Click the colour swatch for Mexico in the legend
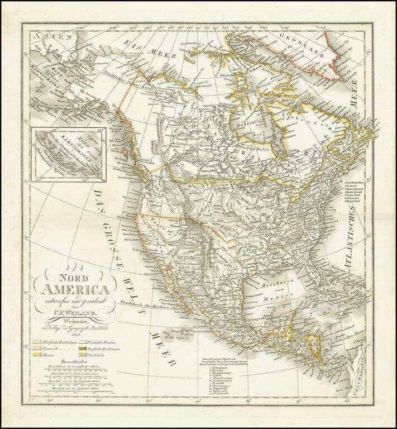coord(37,354)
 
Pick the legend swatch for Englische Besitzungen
coord(83,347)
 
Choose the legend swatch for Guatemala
coord(83,354)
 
